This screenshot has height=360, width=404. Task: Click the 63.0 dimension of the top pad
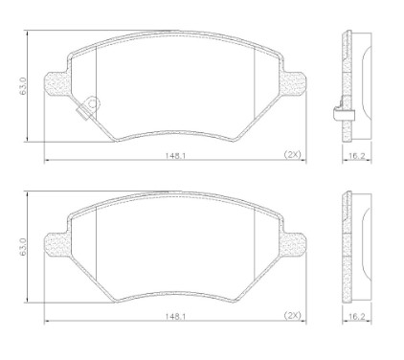click(22, 86)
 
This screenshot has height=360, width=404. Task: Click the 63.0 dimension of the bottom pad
click(22, 247)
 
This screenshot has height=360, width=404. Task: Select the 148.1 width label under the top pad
click(175, 155)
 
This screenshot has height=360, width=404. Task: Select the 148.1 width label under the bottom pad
click(175, 316)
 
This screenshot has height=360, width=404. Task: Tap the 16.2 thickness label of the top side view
click(356, 155)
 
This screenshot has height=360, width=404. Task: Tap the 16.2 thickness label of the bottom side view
click(356, 316)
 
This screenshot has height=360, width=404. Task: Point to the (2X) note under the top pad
click(292, 154)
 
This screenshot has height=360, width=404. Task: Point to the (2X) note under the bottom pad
click(292, 315)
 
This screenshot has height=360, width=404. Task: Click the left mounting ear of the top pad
click(56, 83)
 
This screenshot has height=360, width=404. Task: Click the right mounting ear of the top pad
click(293, 83)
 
